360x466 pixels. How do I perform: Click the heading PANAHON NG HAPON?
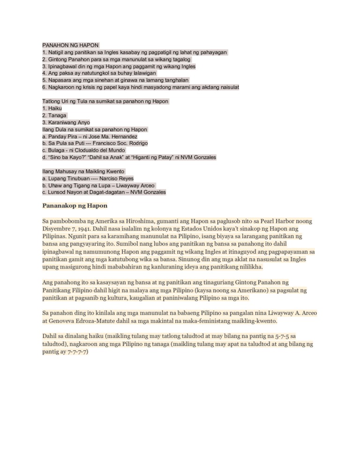click(70, 45)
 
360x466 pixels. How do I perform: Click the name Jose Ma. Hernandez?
click(114, 136)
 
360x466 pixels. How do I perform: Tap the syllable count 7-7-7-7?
click(77, 352)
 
